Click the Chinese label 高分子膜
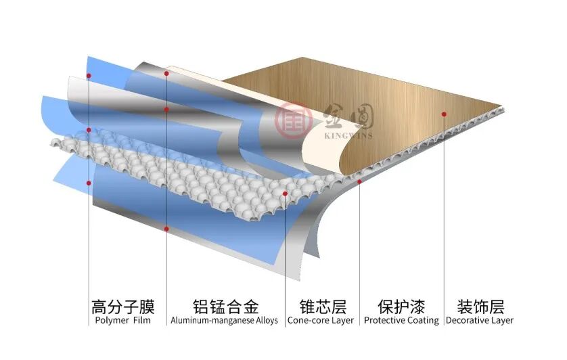[x=123, y=307]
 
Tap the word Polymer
[x=112, y=321]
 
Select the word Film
[x=142, y=320]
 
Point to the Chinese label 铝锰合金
[x=225, y=307]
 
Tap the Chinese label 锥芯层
[x=323, y=307]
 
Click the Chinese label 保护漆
[x=401, y=307]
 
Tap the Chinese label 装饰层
[x=480, y=307]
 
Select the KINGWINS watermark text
[x=348, y=136]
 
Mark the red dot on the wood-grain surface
[x=444, y=114]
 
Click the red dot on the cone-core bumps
[x=285, y=194]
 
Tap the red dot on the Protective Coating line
[x=359, y=181]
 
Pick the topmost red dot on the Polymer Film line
[x=89, y=76]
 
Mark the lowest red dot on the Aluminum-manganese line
[x=166, y=229]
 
